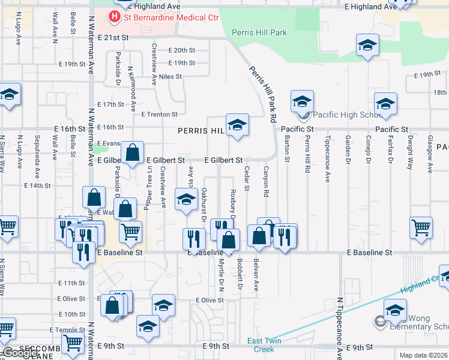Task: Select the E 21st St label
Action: [112, 37]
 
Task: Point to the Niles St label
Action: [170, 77]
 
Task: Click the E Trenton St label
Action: [159, 114]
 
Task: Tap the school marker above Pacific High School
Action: [303, 101]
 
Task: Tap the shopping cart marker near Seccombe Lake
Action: [73, 343]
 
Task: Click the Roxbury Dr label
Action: [232, 205]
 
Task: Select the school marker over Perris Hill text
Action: [237, 125]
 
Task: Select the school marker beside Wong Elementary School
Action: [395, 310]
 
